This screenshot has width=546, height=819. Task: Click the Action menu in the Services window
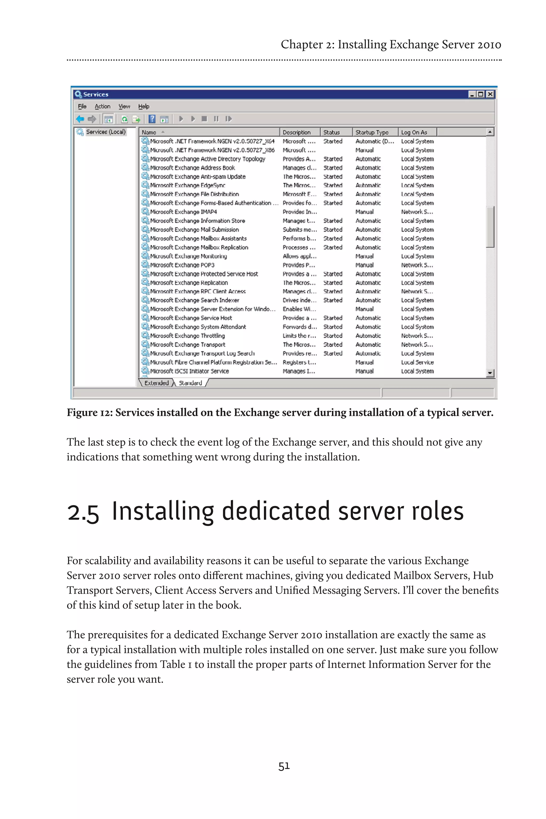(102, 107)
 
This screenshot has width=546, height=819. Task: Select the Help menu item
(143, 107)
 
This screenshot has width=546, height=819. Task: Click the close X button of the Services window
(490, 94)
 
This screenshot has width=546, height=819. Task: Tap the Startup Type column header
(372, 132)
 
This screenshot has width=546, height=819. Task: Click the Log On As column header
(414, 132)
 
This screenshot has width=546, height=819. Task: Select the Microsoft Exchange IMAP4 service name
(183, 212)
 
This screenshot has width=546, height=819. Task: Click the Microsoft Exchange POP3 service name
(182, 265)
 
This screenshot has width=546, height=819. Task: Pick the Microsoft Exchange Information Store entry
(198, 221)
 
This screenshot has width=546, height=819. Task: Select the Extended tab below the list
(156, 383)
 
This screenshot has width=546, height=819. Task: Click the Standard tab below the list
(190, 383)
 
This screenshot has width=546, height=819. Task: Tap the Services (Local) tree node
(106, 132)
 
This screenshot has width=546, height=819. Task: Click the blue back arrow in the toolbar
(80, 119)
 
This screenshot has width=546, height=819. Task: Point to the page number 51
(284, 766)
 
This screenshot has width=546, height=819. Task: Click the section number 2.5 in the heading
(83, 513)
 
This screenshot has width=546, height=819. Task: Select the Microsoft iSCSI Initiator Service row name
(190, 371)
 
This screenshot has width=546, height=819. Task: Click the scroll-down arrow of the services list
(490, 373)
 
